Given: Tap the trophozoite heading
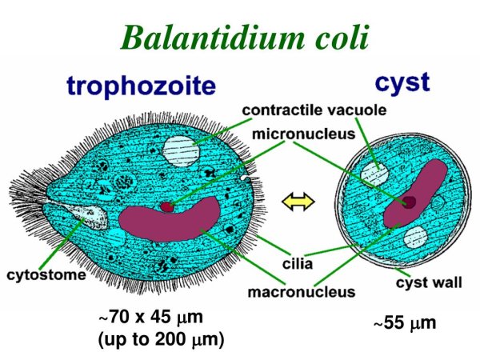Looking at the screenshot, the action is coord(141,86).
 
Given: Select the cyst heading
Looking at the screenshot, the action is coord(402,82).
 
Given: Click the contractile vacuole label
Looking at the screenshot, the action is coord(314,110).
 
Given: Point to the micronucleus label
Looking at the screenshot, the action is coord(303,134).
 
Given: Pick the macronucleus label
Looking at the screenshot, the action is coord(302,292).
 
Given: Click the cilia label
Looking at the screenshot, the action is coord(298,264).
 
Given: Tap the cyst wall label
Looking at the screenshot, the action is coord(429,282).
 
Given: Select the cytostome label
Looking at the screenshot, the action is coord(46,275).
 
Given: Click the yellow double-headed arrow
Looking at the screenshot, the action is coord(298,202).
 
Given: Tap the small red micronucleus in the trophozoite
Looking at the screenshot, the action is coord(167,207).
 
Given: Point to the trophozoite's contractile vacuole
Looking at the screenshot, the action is coord(182,151).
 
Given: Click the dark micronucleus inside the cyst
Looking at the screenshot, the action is coord(409,202).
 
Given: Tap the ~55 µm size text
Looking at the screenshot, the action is coord(405,323).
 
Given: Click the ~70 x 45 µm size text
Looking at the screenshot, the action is coord(150,317).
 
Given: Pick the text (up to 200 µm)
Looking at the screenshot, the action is coord(162,339).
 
